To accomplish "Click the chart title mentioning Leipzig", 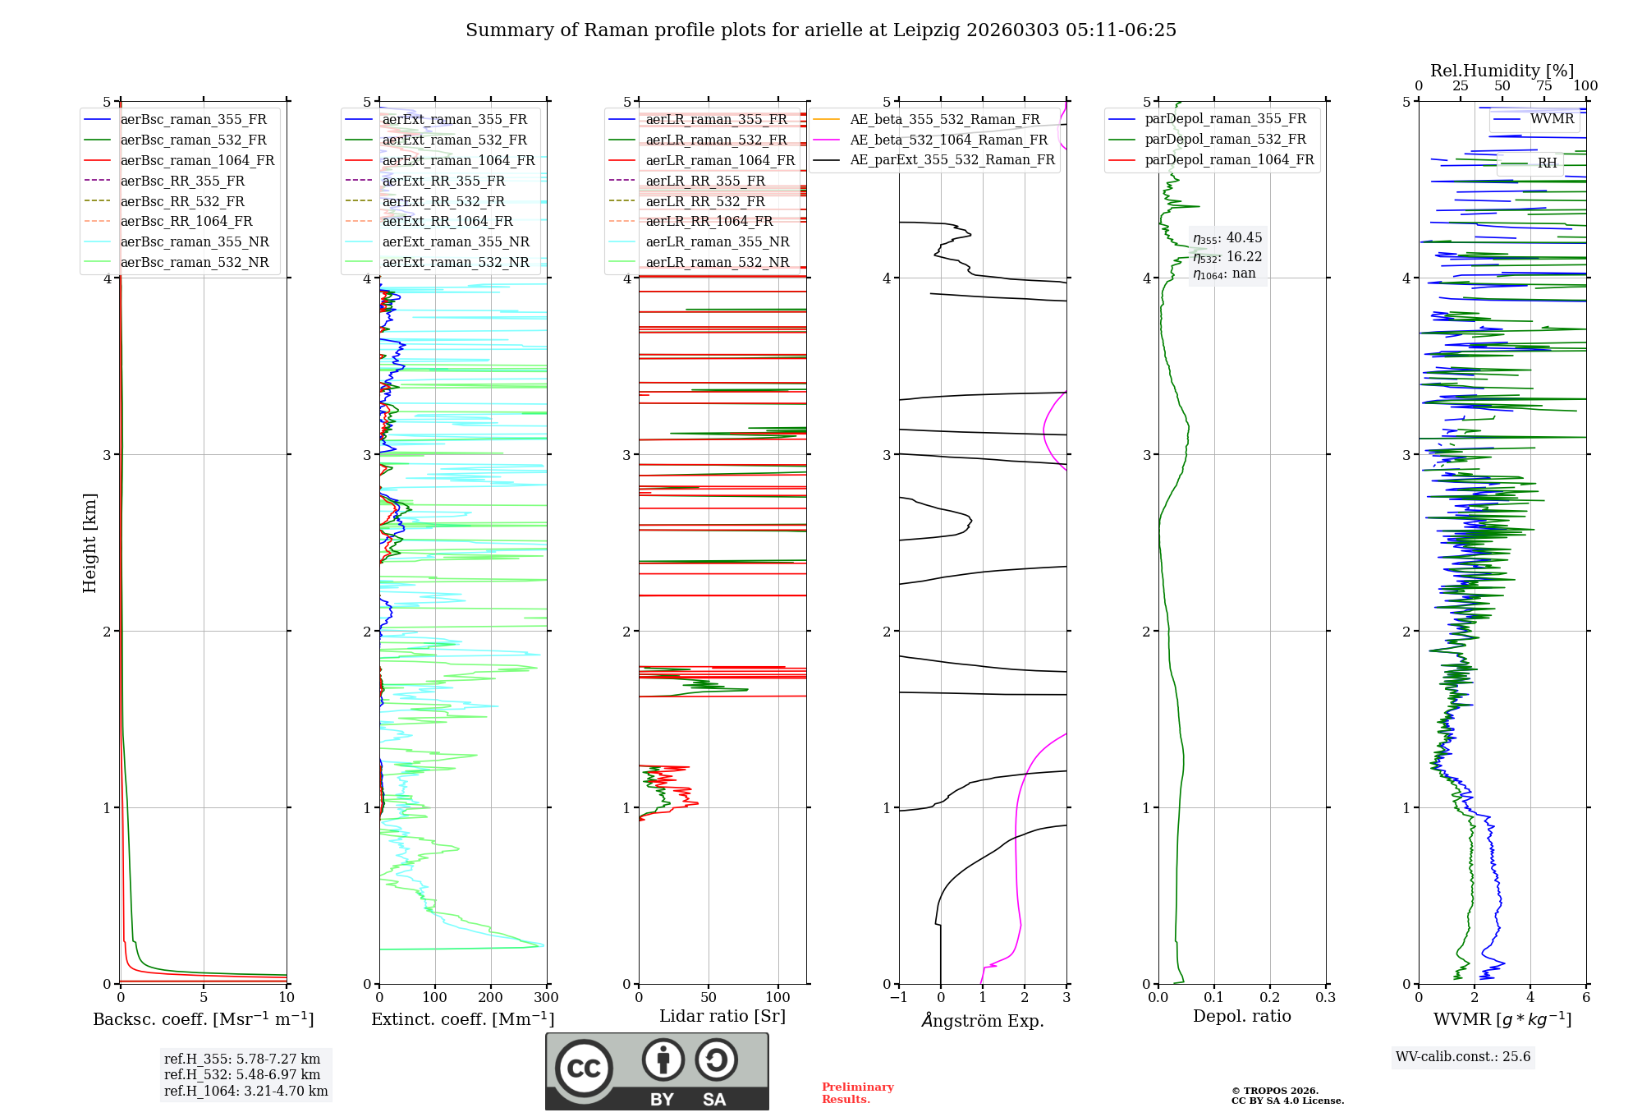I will [821, 30].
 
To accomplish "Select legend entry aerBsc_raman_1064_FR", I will [197, 160].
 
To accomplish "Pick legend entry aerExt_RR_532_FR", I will [443, 201].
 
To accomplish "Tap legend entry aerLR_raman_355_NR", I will [717, 241].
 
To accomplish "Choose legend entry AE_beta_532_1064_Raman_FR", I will [948, 140].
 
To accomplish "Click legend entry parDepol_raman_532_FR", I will [1225, 140].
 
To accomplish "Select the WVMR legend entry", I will [1551, 119].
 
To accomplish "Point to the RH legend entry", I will [1547, 163].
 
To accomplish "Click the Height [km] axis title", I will [89, 543].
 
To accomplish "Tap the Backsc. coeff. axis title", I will [203, 1019].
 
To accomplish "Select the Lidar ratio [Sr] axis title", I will [722, 1016].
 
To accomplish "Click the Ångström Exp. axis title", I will [983, 1020].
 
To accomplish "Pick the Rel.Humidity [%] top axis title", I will [1502, 71].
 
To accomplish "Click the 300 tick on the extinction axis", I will [547, 998].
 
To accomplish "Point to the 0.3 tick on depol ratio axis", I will [1325, 998].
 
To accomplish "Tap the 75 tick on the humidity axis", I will [1544, 86].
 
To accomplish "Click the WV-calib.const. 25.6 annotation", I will [1463, 1057].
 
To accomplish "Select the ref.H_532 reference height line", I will [242, 1074].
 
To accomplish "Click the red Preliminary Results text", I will [857, 1093].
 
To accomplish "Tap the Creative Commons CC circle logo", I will [584, 1069].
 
